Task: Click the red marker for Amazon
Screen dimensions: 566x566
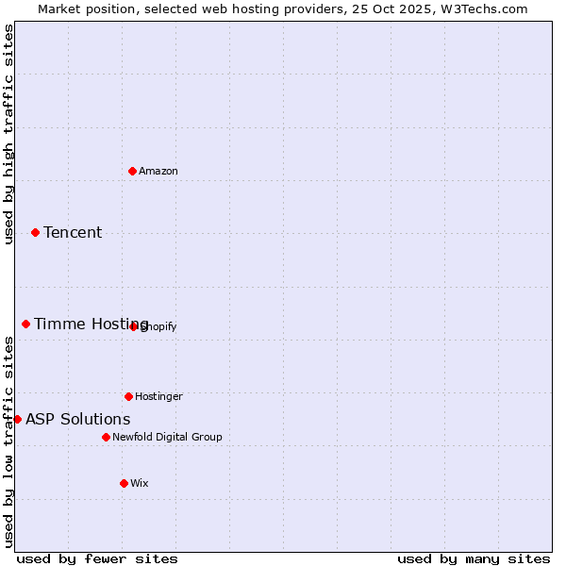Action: (132, 171)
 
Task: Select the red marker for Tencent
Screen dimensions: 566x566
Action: (35, 232)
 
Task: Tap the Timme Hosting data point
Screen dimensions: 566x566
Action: (25, 324)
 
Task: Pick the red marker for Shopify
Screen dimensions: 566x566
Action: (134, 326)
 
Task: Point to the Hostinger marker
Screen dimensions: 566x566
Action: (128, 396)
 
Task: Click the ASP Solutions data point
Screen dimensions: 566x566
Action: (17, 419)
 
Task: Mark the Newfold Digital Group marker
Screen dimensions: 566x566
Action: (106, 437)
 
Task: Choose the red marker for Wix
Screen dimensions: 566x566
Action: (124, 483)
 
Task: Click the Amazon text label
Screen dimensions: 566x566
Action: (158, 171)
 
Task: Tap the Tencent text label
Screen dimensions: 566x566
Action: (73, 232)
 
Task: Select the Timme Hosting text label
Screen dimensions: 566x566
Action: (92, 324)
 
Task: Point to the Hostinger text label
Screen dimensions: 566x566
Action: (158, 396)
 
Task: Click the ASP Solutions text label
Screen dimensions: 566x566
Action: (78, 419)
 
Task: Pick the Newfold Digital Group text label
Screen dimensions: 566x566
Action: (167, 437)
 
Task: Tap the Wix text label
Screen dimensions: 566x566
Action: (140, 483)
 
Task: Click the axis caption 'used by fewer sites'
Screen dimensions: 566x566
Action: (97, 558)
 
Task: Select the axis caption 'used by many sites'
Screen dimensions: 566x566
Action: (474, 558)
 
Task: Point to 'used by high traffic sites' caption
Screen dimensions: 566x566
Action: (8, 134)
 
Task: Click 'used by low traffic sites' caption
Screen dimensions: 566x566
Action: (8, 441)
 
